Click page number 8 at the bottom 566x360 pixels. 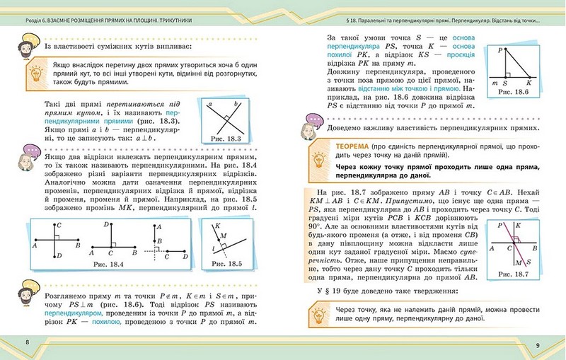click(27, 343)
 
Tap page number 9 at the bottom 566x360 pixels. click(538, 344)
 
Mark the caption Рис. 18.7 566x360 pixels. click(521, 273)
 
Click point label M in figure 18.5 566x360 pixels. click(224, 236)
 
